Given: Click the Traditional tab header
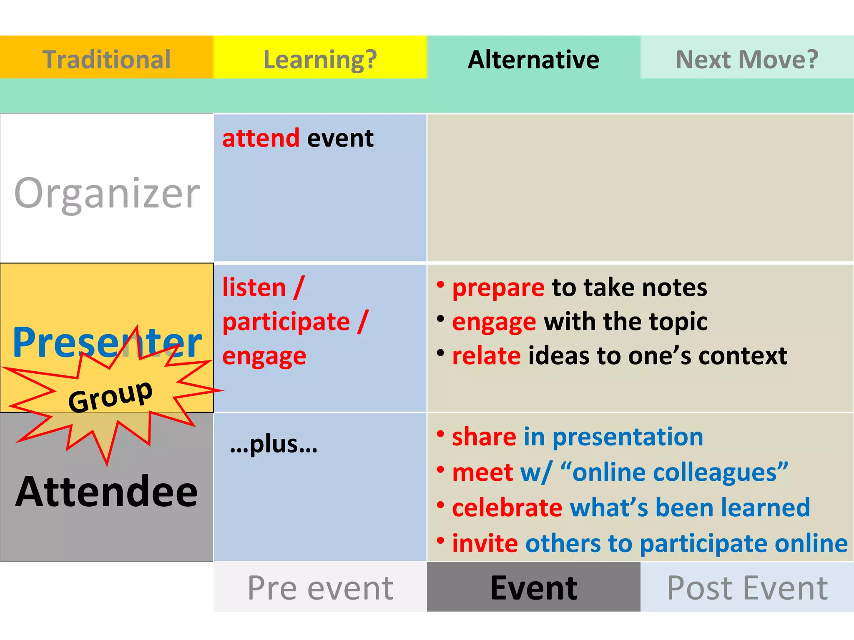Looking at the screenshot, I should click(x=106, y=59).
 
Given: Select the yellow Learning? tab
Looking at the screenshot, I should click(x=320, y=59).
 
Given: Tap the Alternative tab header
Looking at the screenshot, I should click(x=533, y=59).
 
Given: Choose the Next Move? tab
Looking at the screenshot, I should click(x=747, y=59).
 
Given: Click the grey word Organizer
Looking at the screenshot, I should click(x=107, y=193).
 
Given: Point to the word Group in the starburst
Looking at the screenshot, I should click(x=110, y=396).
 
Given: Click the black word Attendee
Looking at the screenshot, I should click(x=106, y=492).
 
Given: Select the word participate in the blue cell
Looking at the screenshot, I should click(x=286, y=322).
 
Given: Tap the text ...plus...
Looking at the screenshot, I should click(x=274, y=444).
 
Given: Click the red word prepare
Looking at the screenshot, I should click(x=498, y=288).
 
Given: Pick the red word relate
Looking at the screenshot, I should click(x=486, y=356).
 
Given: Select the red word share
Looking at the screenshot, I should click(x=484, y=437).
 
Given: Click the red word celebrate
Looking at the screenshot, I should click(x=507, y=507).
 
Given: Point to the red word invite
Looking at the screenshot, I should click(x=485, y=543).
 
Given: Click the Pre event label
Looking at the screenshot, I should click(x=320, y=588).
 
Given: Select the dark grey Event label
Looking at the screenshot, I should click(x=533, y=588).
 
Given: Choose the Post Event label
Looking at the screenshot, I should click(x=747, y=588).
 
